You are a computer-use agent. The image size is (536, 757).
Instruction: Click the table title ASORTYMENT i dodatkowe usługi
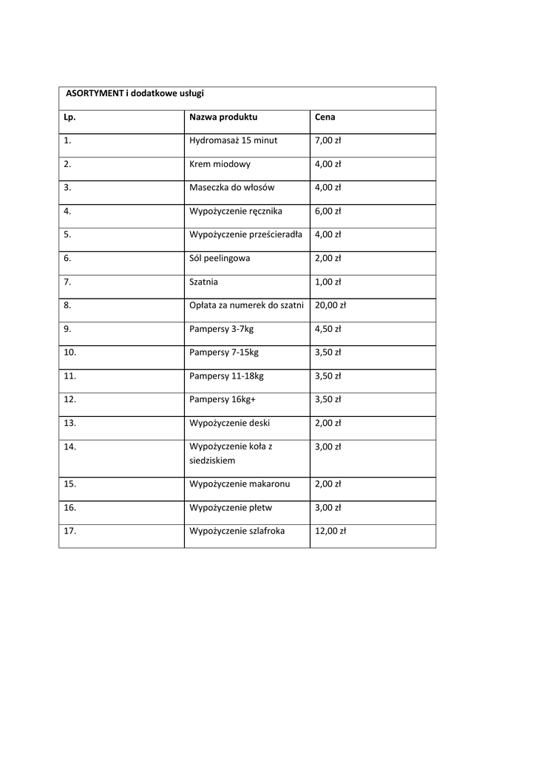pyautogui.click(x=135, y=94)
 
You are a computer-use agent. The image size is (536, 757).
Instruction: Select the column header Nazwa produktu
pyautogui.click(x=223, y=117)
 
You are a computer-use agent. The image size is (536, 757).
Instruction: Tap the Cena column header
pyautogui.click(x=325, y=117)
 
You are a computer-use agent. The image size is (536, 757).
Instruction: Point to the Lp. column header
pyautogui.click(x=69, y=117)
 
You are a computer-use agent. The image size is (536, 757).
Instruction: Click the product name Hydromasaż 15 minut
pyautogui.click(x=233, y=140)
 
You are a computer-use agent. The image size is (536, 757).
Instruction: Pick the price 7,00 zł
pyautogui.click(x=328, y=140)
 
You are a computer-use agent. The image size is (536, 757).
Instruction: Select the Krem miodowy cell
pyautogui.click(x=220, y=164)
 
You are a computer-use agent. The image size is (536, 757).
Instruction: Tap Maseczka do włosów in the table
pyautogui.click(x=231, y=188)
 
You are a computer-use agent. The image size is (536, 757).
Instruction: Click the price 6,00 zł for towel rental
pyautogui.click(x=328, y=211)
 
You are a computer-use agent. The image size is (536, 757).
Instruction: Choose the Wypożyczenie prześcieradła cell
pyautogui.click(x=245, y=235)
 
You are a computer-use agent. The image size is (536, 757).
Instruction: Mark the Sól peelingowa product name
pyautogui.click(x=220, y=259)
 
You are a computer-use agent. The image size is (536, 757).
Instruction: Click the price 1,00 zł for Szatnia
pyautogui.click(x=328, y=282)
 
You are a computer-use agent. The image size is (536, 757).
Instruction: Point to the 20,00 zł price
pyautogui.click(x=330, y=305)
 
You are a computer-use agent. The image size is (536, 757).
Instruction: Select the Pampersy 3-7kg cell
pyautogui.click(x=221, y=329)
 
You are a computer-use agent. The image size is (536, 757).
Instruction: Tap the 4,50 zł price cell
pyautogui.click(x=328, y=329)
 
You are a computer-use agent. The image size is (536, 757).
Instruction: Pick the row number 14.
pyautogui.click(x=70, y=447)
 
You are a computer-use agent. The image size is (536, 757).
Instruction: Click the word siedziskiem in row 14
pyautogui.click(x=212, y=461)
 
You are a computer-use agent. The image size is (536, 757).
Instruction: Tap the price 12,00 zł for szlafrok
pyautogui.click(x=330, y=531)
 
